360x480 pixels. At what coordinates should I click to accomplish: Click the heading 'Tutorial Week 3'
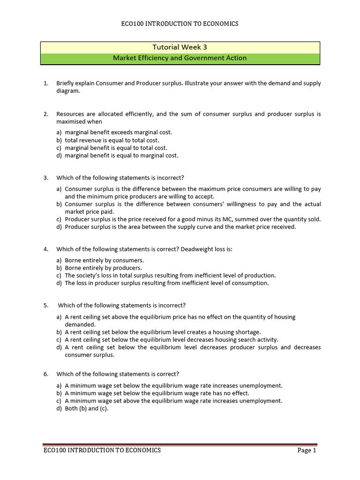[x=180, y=47]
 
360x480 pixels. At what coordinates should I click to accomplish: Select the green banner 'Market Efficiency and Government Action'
[x=180, y=58]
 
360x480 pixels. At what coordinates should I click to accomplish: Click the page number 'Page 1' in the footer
[x=307, y=450]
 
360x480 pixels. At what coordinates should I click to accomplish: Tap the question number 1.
[x=45, y=83]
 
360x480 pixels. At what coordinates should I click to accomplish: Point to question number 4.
[x=45, y=249]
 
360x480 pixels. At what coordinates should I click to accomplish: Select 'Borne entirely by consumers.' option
[x=104, y=260]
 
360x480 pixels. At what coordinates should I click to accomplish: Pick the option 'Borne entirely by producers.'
[x=103, y=268]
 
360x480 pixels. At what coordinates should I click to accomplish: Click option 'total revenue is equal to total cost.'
[x=112, y=140]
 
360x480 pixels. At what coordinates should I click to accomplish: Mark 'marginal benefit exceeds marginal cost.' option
[x=118, y=133]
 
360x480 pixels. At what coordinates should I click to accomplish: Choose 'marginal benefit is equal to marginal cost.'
[x=121, y=156]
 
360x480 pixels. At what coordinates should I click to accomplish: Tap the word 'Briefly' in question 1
[x=66, y=83]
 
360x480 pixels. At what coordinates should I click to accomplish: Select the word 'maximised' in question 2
[x=71, y=121]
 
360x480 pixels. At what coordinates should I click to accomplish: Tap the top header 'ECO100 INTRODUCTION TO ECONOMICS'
[x=180, y=24]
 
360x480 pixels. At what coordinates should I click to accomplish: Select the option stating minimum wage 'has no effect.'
[x=157, y=393]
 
